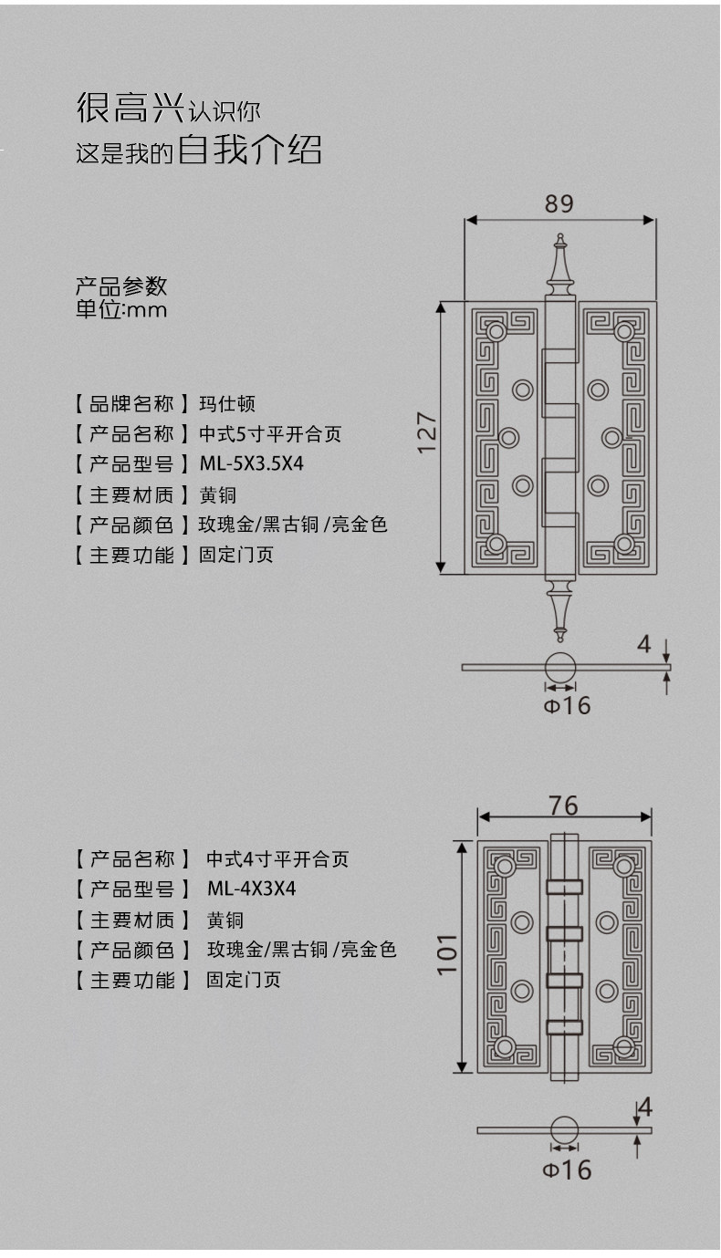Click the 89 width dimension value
[x=559, y=203]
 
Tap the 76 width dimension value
[x=563, y=805]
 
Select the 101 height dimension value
[x=446, y=953]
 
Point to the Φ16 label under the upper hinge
[x=568, y=705]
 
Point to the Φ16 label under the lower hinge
[x=567, y=1170]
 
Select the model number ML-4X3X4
[x=251, y=889]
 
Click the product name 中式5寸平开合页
[x=270, y=434]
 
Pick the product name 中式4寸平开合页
[x=277, y=858]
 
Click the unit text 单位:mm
[x=121, y=309]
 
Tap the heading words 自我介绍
[x=249, y=149]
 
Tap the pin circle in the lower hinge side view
[x=564, y=1129]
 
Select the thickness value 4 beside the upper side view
[x=644, y=644]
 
